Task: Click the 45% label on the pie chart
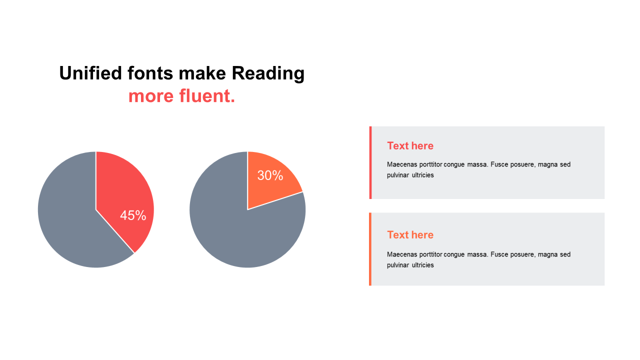point(133,215)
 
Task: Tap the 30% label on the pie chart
point(270,175)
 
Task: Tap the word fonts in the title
point(150,73)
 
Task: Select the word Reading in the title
point(268,73)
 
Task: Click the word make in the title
point(202,73)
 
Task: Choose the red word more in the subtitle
point(151,97)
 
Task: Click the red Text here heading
point(410,145)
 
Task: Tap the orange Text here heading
point(410,235)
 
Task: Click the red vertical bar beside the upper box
point(370,162)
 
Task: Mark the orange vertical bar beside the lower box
point(370,249)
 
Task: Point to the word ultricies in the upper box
point(423,175)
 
